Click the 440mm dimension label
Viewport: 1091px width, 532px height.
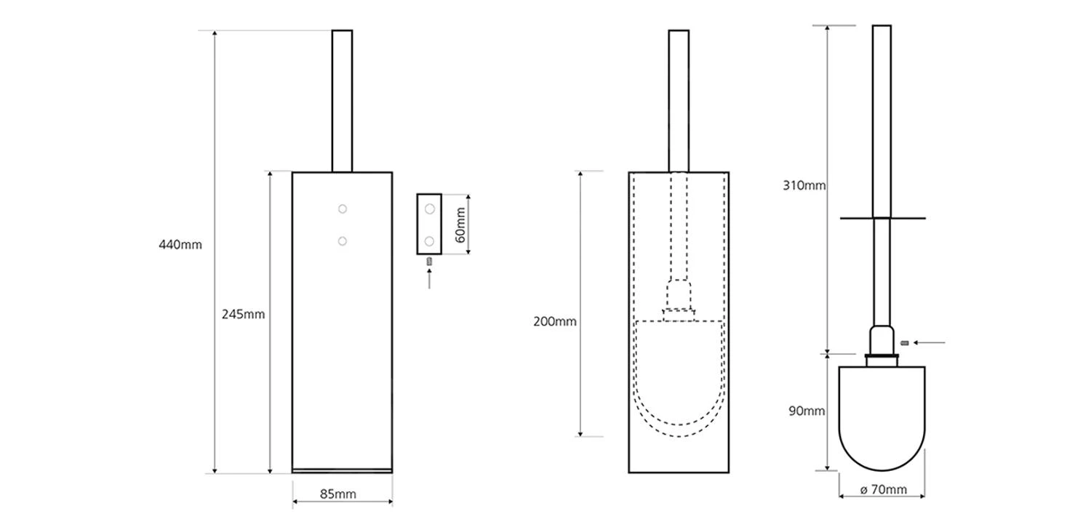180,245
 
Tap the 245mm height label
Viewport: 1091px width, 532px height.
243,315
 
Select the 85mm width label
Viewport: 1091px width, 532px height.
338,494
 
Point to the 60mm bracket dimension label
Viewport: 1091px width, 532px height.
460,225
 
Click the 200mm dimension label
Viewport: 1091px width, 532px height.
555,321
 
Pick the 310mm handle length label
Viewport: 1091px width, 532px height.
804,185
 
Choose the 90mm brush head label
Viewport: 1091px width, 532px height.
807,411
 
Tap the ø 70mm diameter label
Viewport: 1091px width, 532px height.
883,490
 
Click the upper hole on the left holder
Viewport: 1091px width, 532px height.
343,209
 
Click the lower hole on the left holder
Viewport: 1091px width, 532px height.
343,241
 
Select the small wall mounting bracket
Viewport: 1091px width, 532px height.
429,224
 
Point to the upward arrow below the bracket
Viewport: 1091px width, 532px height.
429,278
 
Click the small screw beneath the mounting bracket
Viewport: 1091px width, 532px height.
429,261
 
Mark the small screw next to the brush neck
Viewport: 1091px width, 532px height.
905,342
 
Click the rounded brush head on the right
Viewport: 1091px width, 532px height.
882,418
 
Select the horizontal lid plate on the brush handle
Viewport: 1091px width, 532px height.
882,218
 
